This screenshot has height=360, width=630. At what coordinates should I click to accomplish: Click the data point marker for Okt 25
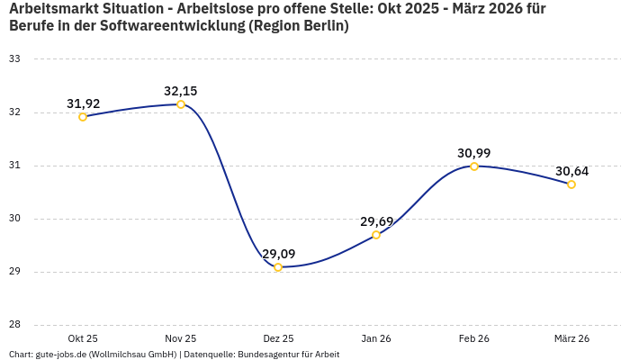[83, 117]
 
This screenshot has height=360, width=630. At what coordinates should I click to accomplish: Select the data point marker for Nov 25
[181, 104]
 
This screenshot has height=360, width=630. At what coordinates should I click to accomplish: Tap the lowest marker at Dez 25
[278, 267]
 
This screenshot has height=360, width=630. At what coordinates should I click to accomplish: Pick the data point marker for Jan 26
[376, 235]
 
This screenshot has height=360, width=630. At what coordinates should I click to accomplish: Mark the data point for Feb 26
[474, 166]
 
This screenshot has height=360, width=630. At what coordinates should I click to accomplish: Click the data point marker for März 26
[571, 184]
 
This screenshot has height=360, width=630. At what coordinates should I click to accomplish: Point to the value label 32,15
[180, 91]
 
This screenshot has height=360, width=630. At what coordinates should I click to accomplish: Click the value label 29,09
[278, 254]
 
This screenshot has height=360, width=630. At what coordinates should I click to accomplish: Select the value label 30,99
[474, 153]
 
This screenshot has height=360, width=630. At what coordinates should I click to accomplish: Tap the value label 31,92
[83, 103]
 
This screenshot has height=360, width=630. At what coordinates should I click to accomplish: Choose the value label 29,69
[376, 221]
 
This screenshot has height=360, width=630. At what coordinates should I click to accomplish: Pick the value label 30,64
[571, 171]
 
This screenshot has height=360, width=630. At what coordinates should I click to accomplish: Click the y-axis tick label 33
[14, 59]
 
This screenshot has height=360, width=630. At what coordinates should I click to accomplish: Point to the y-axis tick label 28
[14, 325]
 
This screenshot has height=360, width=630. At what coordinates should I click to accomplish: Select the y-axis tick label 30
[14, 219]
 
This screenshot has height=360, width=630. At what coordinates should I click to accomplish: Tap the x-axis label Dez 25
[278, 338]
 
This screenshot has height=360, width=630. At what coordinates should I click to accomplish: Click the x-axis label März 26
[571, 338]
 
